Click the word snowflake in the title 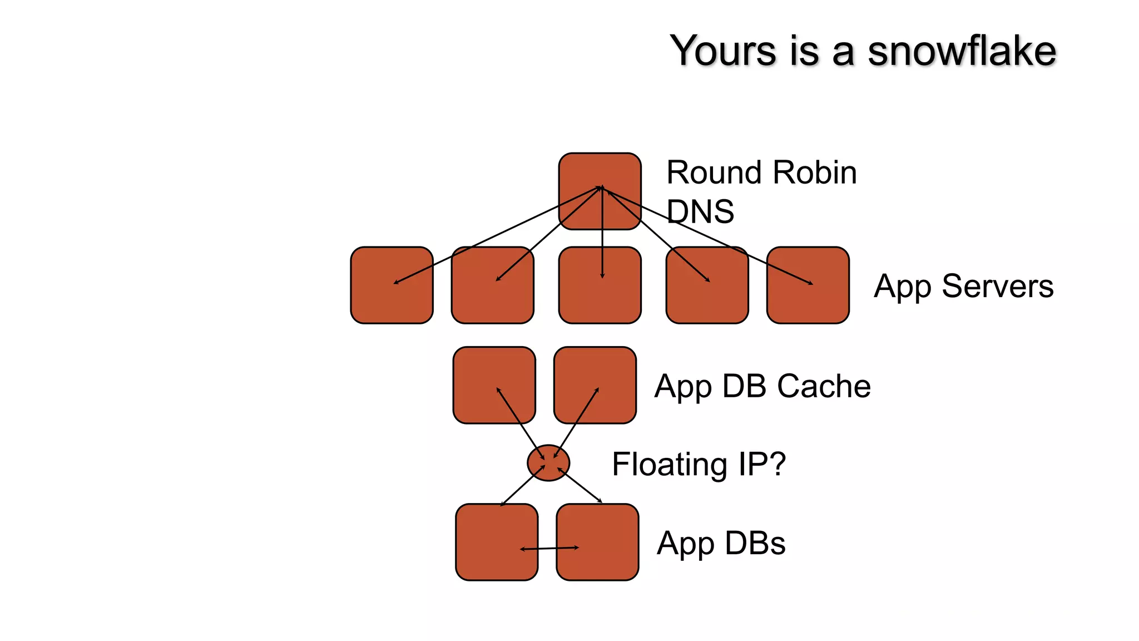(962, 51)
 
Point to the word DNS (700, 212)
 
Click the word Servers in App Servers (998, 287)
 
